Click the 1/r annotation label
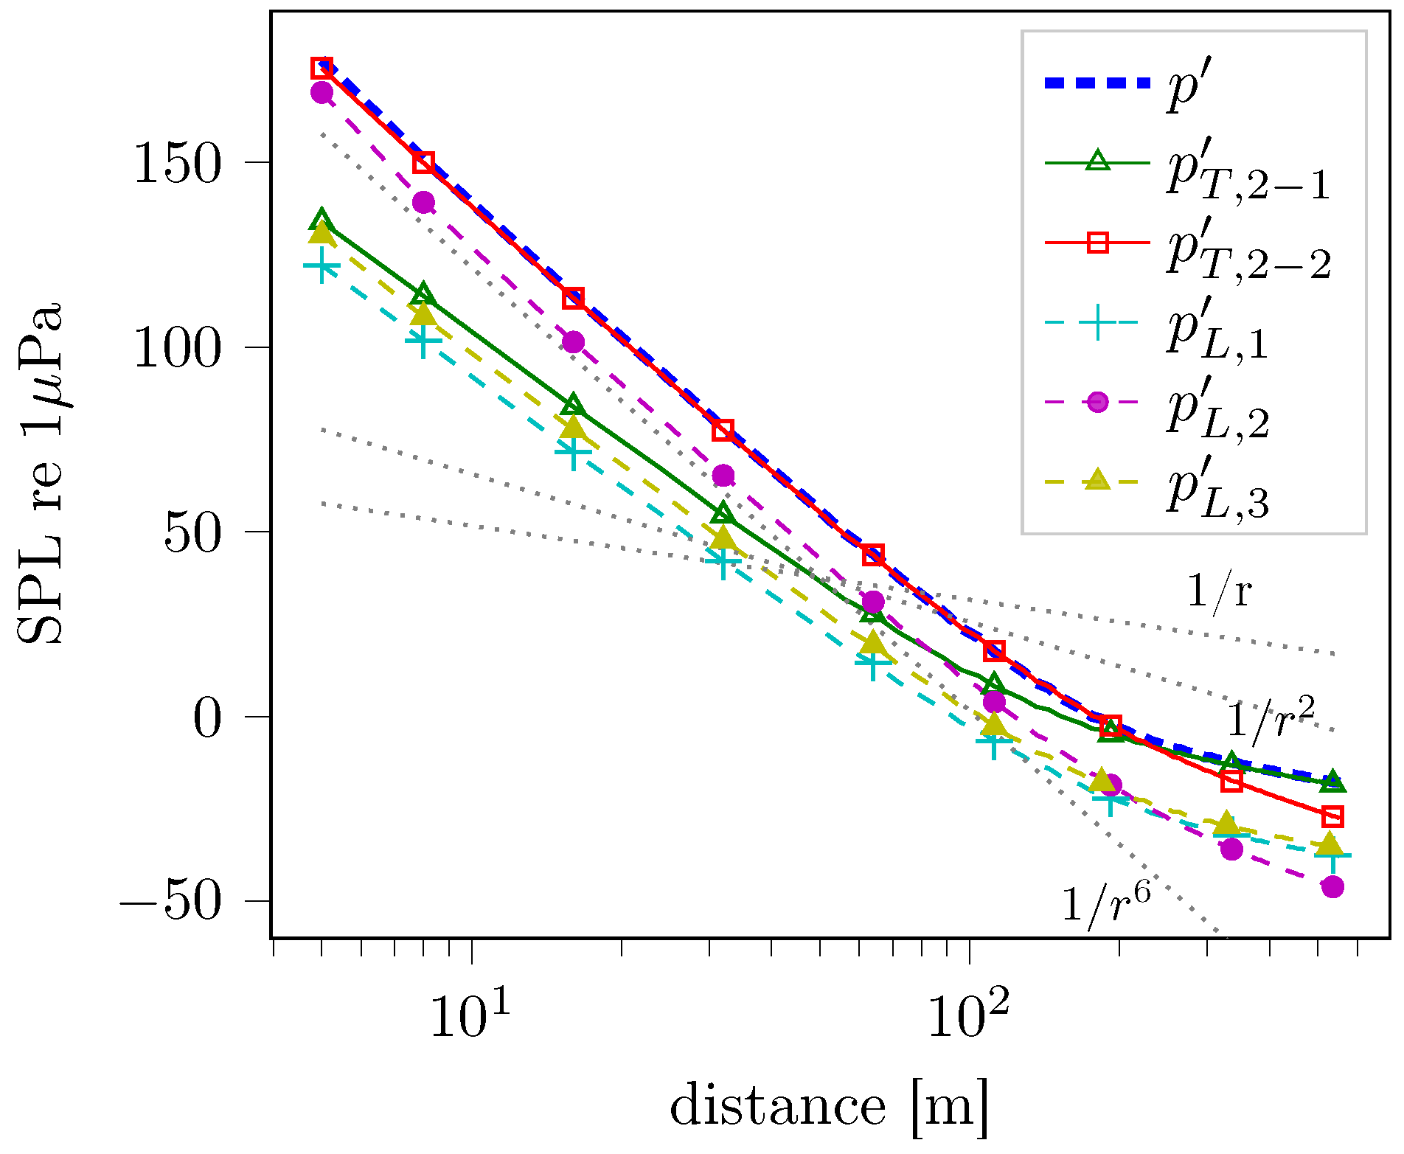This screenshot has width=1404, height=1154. (1219, 591)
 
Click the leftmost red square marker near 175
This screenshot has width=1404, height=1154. (322, 68)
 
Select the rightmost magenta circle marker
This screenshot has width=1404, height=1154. (1332, 887)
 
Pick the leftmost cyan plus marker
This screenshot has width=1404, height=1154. (322, 266)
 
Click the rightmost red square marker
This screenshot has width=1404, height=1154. (1332, 817)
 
